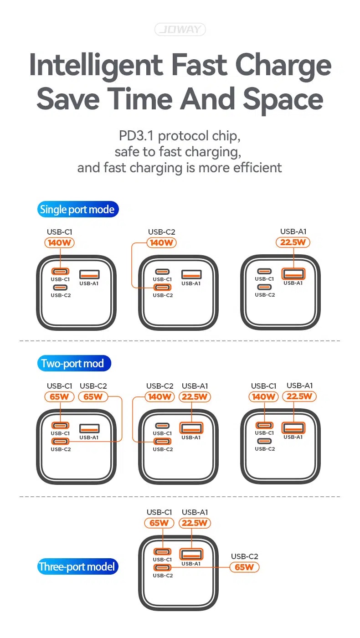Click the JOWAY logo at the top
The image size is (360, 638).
coord(180,29)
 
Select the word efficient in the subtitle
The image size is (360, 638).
coord(257,168)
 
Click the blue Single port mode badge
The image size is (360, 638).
coord(78,209)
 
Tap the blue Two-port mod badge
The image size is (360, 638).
coord(74,363)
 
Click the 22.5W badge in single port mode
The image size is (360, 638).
coord(293,242)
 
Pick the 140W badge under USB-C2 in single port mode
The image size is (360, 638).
coord(161,242)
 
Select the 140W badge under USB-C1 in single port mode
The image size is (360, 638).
coord(59,242)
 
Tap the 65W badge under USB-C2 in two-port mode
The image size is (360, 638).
coord(93,396)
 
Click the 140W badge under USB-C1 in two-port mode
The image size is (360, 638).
coord(263,396)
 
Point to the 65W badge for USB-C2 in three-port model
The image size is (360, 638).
coord(244,567)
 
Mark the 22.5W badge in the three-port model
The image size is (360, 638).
coord(195,523)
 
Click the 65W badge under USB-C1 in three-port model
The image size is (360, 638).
coord(159,523)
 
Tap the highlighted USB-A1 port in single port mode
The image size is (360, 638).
coord(293,274)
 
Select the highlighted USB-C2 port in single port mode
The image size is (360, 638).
coord(162,288)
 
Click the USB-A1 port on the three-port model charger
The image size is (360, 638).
coord(191,554)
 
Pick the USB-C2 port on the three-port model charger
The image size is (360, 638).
coord(162,567)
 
